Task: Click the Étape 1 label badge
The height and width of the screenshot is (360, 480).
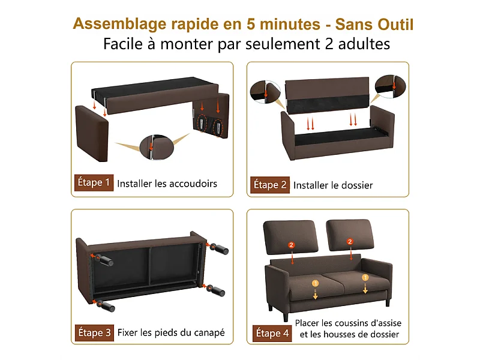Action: pos(94,183)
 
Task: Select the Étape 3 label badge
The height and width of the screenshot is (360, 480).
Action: pos(94,332)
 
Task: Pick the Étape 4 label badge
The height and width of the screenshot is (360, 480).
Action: pos(271,333)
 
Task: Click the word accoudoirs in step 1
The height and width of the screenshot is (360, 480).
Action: pos(191,184)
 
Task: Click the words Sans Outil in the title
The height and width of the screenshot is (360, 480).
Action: pos(374,24)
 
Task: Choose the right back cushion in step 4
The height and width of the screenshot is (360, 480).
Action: pos(350,236)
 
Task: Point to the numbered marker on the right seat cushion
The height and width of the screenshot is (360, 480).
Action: pos(365,278)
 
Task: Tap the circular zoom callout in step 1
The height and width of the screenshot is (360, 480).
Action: pos(152,146)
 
